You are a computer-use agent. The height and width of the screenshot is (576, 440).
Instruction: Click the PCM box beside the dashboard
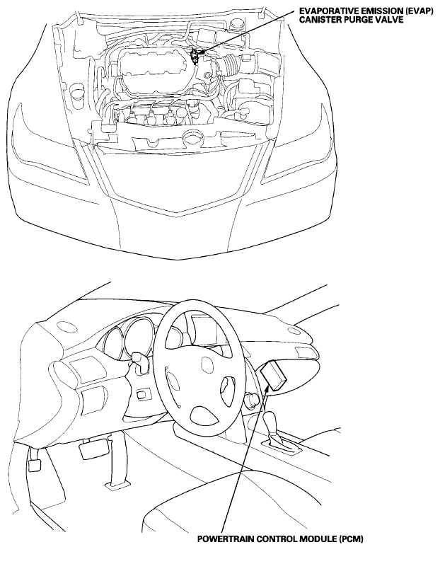[274, 375]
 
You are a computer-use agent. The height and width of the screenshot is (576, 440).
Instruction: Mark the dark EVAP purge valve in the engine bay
[195, 57]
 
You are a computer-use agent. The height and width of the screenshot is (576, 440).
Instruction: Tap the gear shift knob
[271, 420]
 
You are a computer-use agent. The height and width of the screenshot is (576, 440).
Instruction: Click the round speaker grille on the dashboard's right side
[293, 330]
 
